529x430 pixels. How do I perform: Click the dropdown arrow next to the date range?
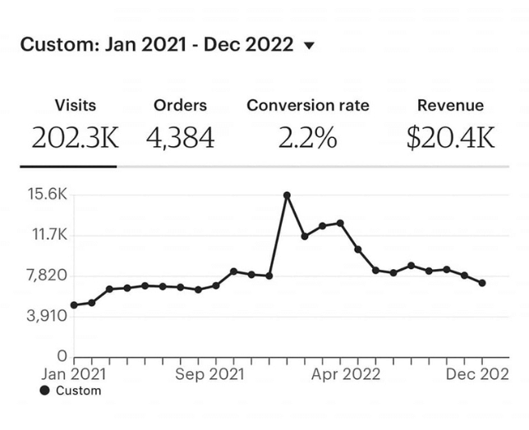[309, 46]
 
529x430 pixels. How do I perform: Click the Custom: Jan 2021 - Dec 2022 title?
[156, 44]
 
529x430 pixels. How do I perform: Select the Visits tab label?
[75, 105]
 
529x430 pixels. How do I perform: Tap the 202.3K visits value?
[75, 138]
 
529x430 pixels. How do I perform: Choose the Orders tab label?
[180, 105]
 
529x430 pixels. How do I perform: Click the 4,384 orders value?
[180, 138]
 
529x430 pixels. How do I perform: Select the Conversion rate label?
[308, 105]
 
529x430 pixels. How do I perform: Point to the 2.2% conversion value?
[308, 138]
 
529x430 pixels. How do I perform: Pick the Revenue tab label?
[450, 105]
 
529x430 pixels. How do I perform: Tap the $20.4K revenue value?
[450, 138]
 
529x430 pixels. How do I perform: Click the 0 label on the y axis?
[62, 356]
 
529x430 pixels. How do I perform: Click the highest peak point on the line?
[287, 195]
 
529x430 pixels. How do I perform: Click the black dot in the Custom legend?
[44, 391]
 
